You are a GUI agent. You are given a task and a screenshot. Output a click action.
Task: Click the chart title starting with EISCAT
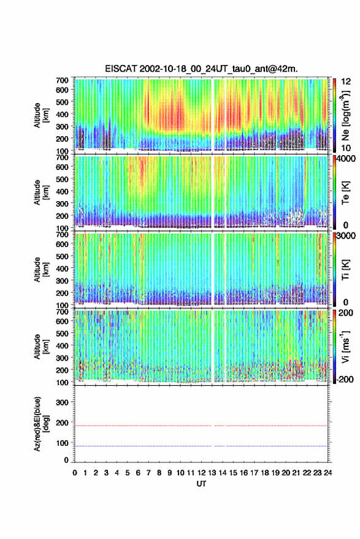coord(201,69)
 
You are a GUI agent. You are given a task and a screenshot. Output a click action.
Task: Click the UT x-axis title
coord(201,484)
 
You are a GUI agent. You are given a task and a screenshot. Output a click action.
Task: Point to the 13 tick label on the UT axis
coord(212,473)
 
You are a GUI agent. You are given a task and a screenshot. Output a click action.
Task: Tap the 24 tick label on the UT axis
coord(327,473)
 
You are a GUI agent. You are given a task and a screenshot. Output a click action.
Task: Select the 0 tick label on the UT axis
coord(75,473)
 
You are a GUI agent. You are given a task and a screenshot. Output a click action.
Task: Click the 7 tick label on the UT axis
coord(148,473)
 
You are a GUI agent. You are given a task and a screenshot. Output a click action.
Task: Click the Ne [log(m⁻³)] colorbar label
coord(345,115)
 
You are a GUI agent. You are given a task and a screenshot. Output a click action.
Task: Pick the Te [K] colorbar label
coord(345,193)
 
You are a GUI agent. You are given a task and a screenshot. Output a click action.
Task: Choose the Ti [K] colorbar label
coord(345,270)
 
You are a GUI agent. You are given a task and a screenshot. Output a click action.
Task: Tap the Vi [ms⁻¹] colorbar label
coord(345,346)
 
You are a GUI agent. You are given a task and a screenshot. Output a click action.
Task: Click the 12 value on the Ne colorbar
coord(346,82)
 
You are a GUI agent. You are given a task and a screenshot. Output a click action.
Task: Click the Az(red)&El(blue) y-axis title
coord(41,424)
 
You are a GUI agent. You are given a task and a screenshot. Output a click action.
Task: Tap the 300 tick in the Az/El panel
coord(62,402)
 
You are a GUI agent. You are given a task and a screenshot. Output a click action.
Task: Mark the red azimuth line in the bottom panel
coord(201,426)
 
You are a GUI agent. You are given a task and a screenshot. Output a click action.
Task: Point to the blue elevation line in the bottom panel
coord(201,446)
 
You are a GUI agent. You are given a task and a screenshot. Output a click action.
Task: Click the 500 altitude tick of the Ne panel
coord(62,102)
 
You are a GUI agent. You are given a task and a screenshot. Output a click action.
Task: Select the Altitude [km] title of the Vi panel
coord(41,346)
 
